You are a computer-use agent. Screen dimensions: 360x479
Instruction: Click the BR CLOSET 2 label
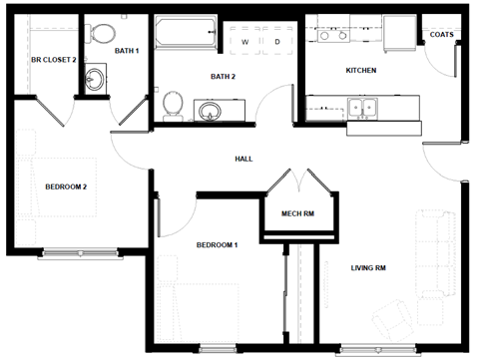[x=41, y=60]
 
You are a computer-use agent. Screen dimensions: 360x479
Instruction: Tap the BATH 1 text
[x=126, y=50]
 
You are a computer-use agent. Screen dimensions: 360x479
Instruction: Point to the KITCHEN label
[x=360, y=71]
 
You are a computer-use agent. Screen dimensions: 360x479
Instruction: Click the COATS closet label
[x=441, y=35]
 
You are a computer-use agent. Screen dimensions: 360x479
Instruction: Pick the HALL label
[x=243, y=159]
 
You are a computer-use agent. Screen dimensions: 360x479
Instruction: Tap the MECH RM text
[x=298, y=214]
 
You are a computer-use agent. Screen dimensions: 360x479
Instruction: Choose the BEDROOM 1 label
[x=217, y=245]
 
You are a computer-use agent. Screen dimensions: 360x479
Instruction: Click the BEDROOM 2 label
[x=66, y=186]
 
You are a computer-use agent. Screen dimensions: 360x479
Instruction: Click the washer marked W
[x=243, y=42]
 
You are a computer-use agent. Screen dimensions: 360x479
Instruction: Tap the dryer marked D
[x=276, y=42]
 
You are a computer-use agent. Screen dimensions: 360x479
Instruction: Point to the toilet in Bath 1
[x=100, y=35]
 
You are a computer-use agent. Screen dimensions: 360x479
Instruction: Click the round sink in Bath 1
[x=96, y=79]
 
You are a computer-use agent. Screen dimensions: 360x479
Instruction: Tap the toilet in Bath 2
[x=172, y=102]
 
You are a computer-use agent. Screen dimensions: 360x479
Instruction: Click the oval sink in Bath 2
[x=211, y=109]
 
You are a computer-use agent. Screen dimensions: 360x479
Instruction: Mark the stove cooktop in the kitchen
[x=331, y=35]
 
